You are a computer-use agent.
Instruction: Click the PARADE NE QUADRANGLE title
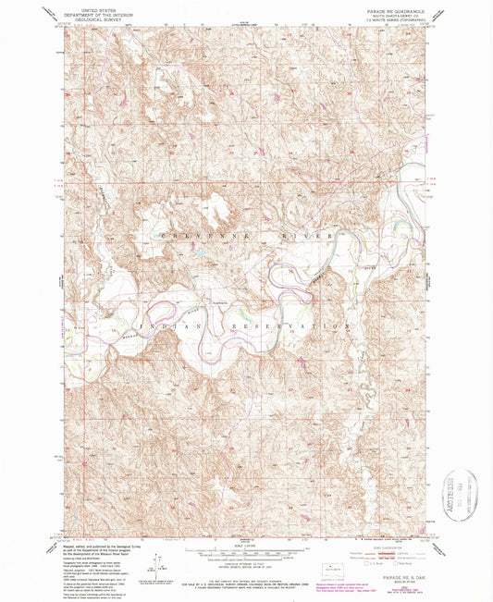[396, 11]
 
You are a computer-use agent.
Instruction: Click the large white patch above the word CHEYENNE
[218, 211]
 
